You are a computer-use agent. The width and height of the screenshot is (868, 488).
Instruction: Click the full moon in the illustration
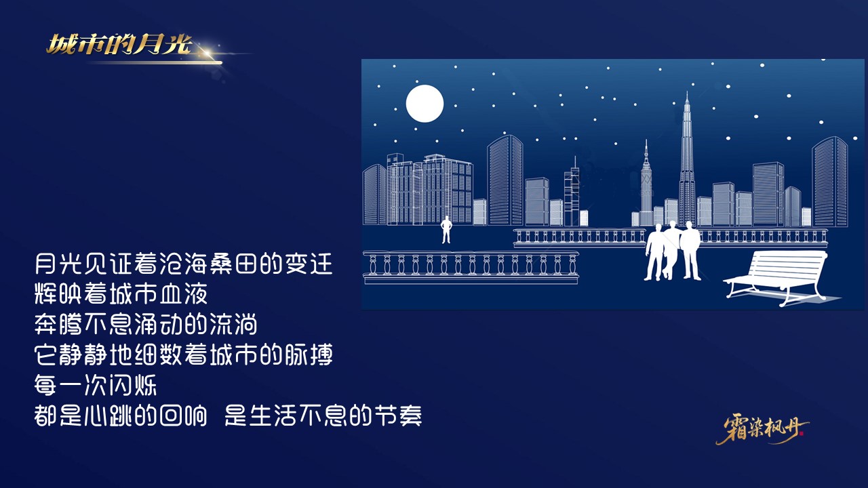(425, 104)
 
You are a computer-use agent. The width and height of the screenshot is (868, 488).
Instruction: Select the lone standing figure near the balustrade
(446, 230)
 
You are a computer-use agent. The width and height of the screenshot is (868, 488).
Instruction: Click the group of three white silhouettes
(672, 250)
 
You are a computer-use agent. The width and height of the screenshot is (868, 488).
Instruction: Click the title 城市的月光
(119, 45)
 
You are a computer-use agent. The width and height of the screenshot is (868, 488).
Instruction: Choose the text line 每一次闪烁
(96, 386)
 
